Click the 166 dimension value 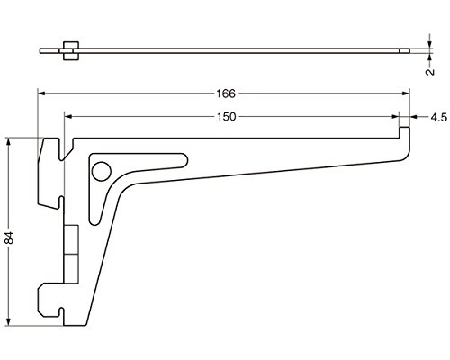point(226,94)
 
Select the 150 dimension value point(227,117)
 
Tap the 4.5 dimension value point(439,117)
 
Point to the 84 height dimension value point(10,238)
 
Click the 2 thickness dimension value point(430,72)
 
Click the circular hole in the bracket point(102,171)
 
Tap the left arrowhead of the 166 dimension point(41,94)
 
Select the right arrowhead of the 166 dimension point(406,94)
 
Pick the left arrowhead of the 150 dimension point(68,116)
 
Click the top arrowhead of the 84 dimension point(9,141)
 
